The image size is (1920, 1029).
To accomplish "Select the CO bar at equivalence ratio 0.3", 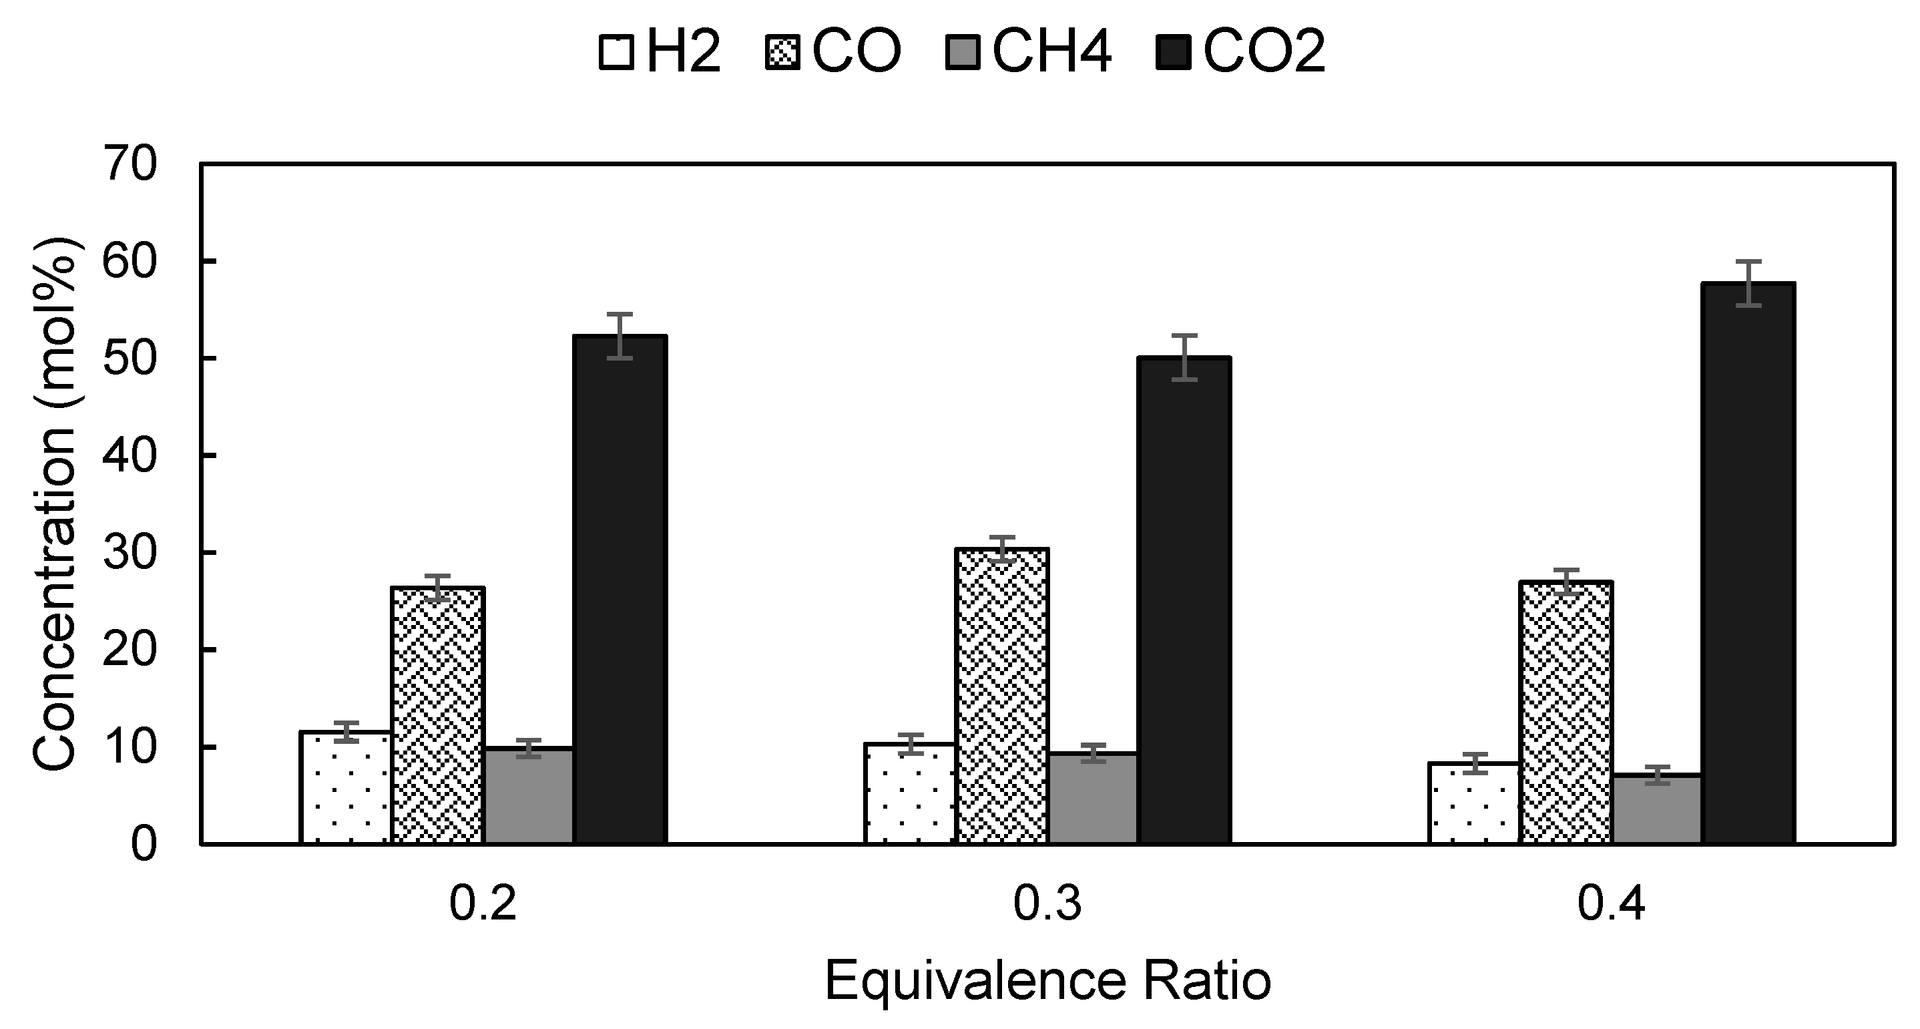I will (x=1003, y=696).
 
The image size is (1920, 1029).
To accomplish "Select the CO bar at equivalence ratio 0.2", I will (x=438, y=716).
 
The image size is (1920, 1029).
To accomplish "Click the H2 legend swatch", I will (x=616, y=53).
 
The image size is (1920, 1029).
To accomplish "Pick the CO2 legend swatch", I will (x=1173, y=53).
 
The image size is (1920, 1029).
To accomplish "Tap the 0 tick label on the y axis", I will (x=145, y=844).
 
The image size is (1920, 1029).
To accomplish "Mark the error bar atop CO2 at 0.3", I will (x=1184, y=357).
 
